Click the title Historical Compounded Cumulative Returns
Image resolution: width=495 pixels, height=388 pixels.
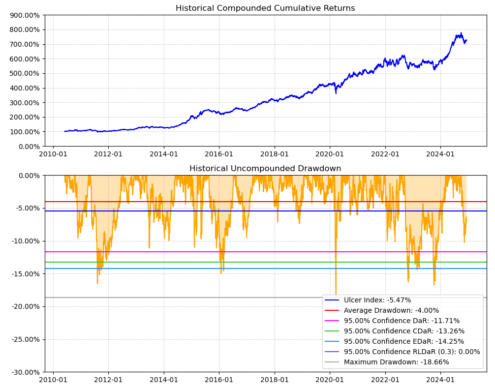point(265,8)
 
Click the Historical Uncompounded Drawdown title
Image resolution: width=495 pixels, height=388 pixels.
point(265,169)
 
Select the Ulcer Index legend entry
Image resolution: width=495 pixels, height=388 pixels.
point(377,300)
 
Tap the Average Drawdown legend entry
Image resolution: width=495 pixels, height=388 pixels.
point(391,310)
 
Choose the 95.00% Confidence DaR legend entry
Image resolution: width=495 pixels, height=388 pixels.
point(402,321)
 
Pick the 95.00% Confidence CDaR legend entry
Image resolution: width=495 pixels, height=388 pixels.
point(404,331)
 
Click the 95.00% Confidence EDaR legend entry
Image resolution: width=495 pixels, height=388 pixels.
point(404,341)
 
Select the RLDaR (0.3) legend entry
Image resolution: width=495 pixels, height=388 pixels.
point(412,352)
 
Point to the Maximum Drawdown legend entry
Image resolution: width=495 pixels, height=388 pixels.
point(396,362)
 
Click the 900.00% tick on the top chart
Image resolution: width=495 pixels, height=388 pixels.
point(25,15)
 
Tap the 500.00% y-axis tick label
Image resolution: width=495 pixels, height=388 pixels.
point(25,74)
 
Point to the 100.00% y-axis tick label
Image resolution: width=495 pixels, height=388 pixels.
point(25,132)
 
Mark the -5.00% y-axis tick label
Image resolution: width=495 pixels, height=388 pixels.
point(26,208)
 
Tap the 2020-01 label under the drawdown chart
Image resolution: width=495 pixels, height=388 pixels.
point(330,380)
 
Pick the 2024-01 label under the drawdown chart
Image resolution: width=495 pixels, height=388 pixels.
point(440,380)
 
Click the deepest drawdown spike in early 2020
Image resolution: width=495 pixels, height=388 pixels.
point(336,294)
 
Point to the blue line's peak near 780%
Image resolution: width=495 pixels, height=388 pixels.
point(461,33)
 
